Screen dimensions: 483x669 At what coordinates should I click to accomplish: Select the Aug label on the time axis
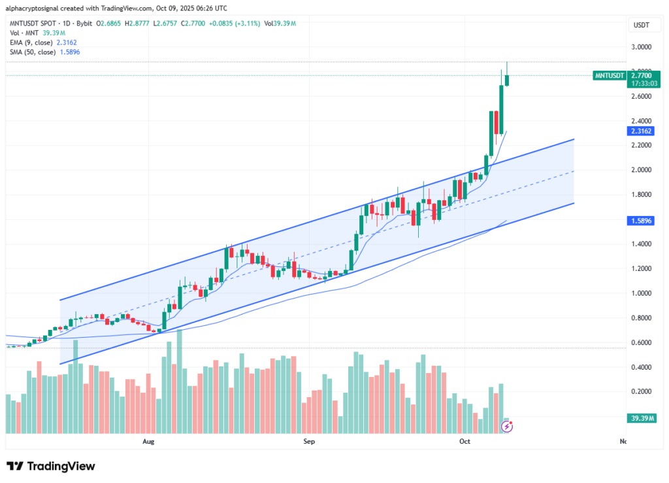pyautogui.click(x=148, y=442)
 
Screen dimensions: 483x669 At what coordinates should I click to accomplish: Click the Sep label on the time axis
pyautogui.click(x=309, y=442)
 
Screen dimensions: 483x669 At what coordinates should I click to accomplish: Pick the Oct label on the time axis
pyautogui.click(x=465, y=442)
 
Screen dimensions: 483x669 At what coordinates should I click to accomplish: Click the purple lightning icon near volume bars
pyautogui.click(x=506, y=427)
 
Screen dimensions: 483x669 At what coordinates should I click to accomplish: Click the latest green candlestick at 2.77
pyautogui.click(x=507, y=80)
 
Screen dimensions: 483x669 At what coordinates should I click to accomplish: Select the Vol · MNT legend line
pyautogui.click(x=24, y=32)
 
